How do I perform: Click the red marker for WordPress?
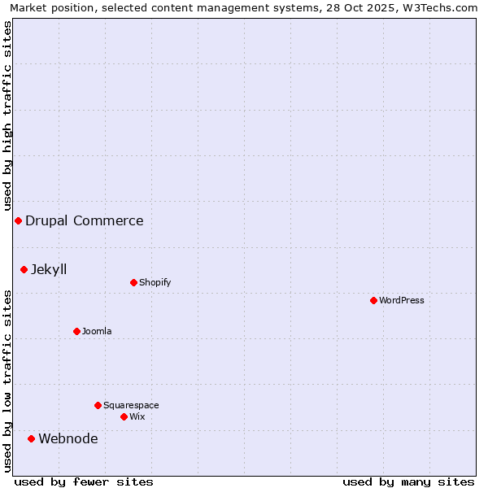(x=373, y=300)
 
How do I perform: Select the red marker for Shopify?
(x=133, y=282)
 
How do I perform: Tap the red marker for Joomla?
(x=76, y=331)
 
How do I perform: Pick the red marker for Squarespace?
(x=98, y=405)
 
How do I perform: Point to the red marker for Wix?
(x=124, y=416)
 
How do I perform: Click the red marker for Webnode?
(x=31, y=438)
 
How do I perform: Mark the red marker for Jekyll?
(x=24, y=269)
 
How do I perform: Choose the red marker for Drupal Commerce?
(x=18, y=220)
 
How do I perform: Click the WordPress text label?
(x=402, y=300)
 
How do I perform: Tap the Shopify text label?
(x=155, y=282)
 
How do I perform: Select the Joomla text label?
(x=97, y=331)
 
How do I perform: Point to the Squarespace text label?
(x=131, y=405)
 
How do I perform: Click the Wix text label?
(x=137, y=416)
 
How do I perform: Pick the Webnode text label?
(x=68, y=439)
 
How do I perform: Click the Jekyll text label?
(x=49, y=269)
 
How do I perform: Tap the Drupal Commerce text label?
(x=85, y=220)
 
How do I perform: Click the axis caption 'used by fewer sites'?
(x=84, y=481)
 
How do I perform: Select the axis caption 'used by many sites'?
(x=408, y=481)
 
